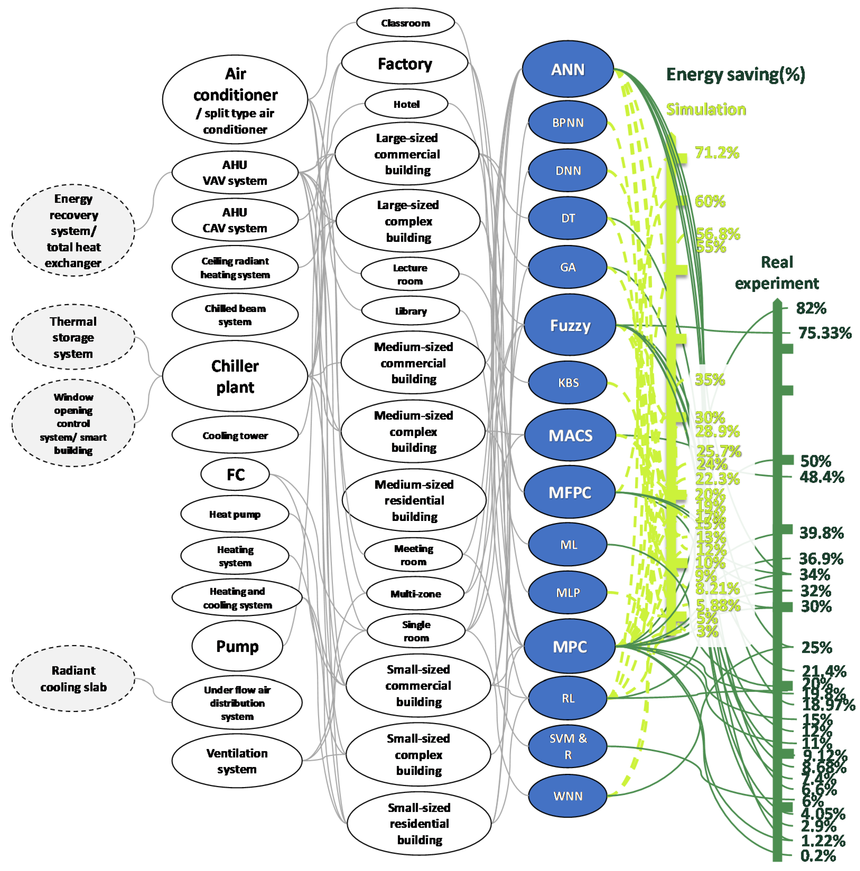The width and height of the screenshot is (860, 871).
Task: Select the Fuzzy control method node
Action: [569, 325]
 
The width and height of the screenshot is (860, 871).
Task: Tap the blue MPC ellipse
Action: [569, 647]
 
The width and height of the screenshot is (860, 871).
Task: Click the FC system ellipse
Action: [235, 474]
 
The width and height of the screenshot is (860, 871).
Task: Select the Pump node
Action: [237, 646]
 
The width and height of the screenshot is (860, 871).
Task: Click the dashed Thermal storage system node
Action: [73, 337]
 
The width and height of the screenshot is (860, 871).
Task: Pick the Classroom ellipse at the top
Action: [405, 23]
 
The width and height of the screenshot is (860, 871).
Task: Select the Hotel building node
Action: [406, 104]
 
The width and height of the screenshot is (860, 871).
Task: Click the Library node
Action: [410, 311]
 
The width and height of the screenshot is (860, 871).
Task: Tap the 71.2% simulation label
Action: [717, 153]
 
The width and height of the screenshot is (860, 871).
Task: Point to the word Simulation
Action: [706, 109]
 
